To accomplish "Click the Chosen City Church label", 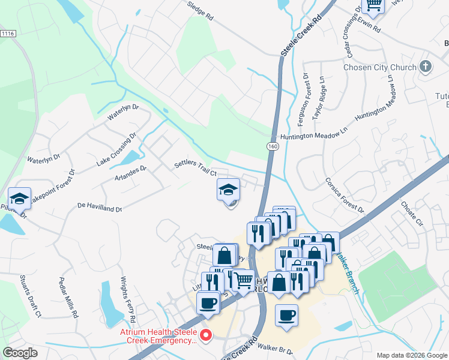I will [x=379, y=67].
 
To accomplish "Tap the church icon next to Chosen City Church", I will [x=425, y=66].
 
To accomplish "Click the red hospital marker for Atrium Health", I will [x=205, y=335].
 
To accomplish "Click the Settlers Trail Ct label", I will [x=195, y=167].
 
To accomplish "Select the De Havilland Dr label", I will [x=100, y=208].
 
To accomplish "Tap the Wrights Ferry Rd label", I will [x=127, y=300].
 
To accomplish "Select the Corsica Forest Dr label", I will [x=345, y=195].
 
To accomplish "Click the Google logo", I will [x=20, y=353].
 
